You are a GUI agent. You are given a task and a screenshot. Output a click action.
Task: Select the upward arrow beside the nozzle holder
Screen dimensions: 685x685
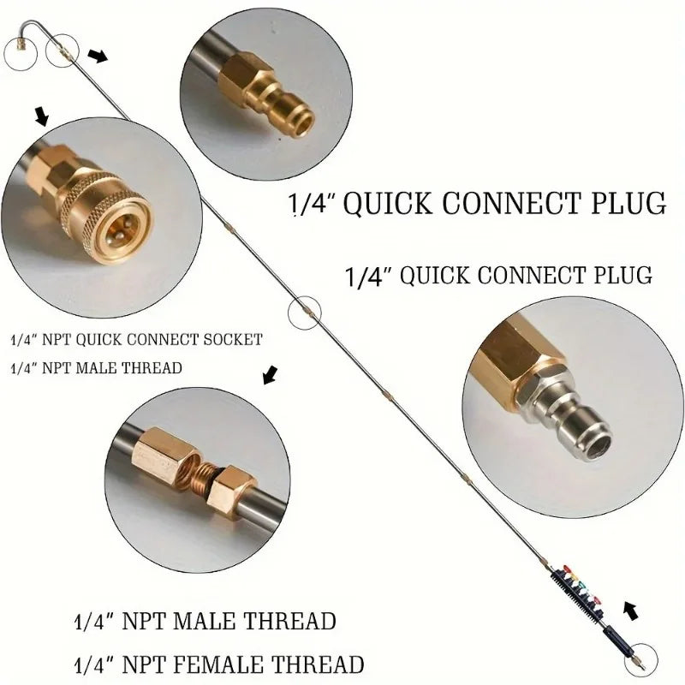(x=631, y=610)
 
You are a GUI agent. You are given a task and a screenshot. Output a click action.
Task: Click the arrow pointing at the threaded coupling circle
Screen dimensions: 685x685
(x=271, y=374)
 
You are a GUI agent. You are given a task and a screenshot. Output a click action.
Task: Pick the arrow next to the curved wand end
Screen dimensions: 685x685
(x=99, y=57)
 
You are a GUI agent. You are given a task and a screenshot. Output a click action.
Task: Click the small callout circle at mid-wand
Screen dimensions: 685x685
(x=303, y=314)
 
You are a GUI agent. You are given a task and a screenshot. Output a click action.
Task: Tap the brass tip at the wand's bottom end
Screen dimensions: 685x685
(x=644, y=661)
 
